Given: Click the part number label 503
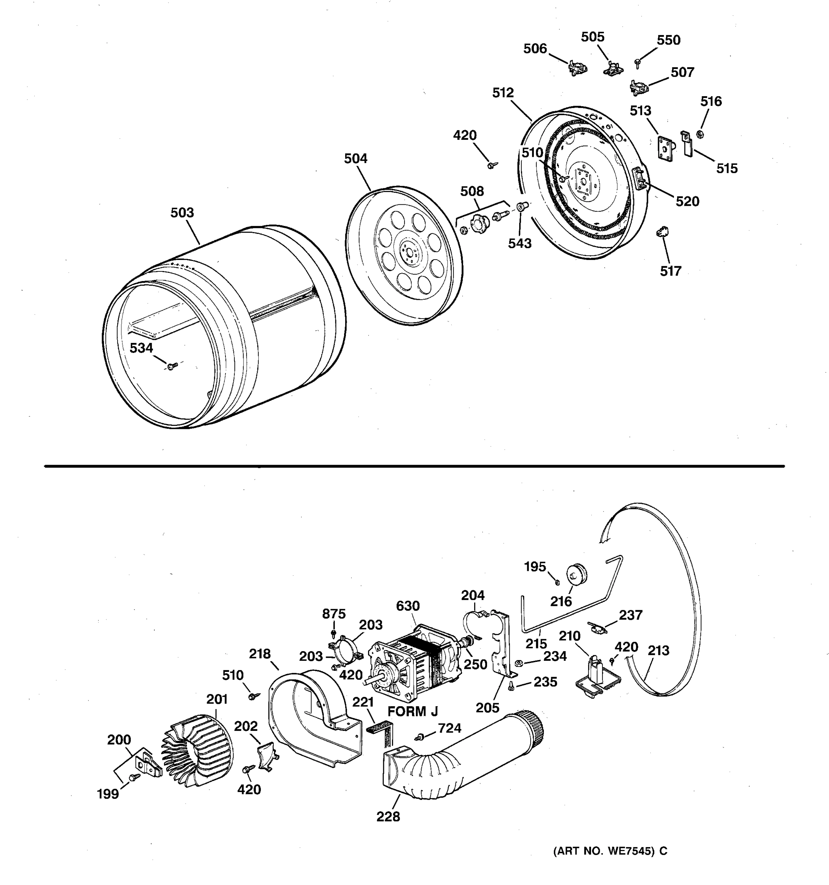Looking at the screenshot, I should coord(182,213).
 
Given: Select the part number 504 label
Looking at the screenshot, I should coord(356,159).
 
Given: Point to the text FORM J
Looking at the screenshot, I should coord(413,711).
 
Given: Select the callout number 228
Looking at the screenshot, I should coord(388,816).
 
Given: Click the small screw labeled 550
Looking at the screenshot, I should coord(638,62).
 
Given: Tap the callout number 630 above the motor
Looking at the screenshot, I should coord(408,606).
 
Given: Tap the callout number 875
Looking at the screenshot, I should coord(333,614).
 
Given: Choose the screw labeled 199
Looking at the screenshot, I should coord(133,777).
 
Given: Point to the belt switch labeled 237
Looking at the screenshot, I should coord(596,628).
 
